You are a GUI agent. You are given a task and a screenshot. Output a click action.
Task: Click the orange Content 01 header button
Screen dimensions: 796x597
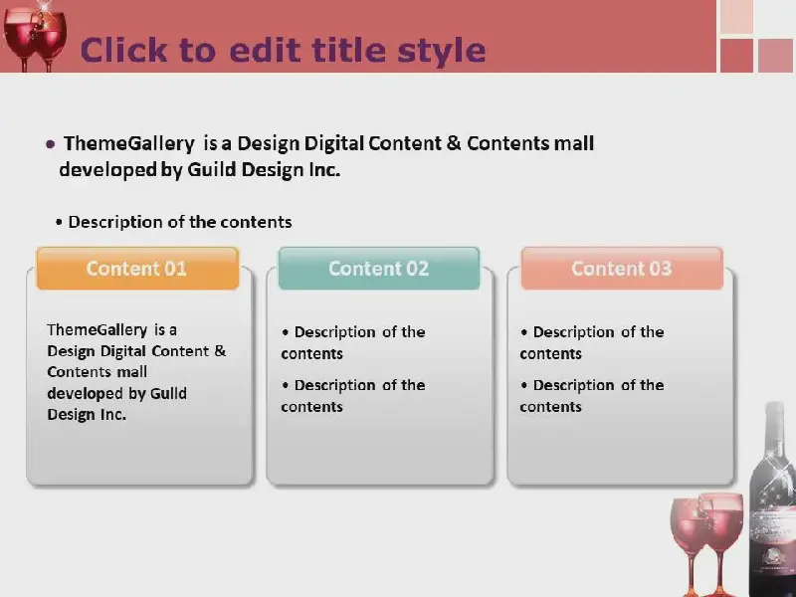pos(137,269)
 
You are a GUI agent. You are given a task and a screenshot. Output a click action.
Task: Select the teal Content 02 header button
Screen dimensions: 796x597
pos(379,269)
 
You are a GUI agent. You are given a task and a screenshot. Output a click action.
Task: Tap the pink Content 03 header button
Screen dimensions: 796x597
pos(622,269)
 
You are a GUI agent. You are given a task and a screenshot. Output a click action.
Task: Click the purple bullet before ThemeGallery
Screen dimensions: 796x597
pos(51,144)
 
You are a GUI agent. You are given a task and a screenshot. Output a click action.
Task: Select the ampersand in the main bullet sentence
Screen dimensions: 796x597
pos(454,143)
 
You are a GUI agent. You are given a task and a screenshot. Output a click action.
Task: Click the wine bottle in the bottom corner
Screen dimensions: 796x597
pos(773,499)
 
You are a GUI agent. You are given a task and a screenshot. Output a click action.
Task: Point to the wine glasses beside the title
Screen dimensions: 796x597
pos(35,37)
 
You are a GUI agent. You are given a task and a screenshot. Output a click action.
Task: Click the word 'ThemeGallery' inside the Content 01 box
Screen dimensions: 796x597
pos(97,330)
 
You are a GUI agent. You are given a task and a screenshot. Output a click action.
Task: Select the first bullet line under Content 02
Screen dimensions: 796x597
pos(353,342)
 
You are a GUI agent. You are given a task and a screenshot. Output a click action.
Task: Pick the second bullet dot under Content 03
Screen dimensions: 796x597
pos(524,385)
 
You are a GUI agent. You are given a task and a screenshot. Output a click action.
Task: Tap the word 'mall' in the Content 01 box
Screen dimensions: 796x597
pos(132,372)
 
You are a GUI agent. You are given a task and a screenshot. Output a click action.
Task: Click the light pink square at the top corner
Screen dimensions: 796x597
pos(736,16)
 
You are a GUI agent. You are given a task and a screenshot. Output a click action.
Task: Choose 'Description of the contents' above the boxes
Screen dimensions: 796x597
pos(180,222)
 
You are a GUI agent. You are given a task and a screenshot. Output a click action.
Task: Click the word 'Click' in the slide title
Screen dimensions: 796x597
pos(123,50)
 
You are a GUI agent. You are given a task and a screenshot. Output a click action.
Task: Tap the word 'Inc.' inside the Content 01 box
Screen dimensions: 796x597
pos(112,415)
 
